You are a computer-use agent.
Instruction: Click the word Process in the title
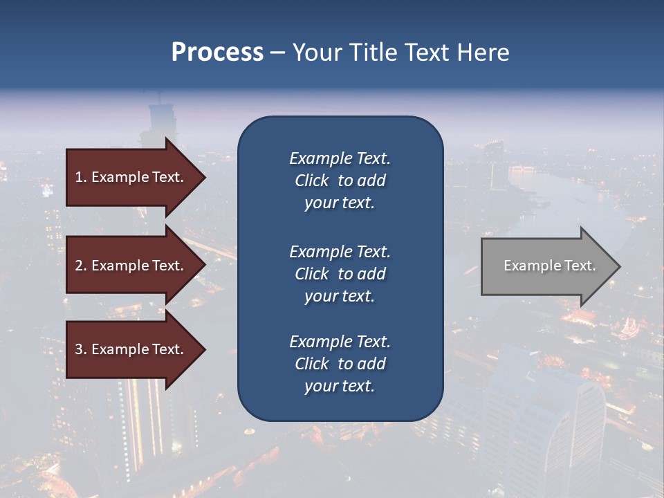click(217, 53)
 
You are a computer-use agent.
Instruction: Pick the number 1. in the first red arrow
click(81, 177)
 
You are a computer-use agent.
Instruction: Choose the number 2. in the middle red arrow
click(81, 266)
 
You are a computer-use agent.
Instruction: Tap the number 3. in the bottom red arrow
click(81, 349)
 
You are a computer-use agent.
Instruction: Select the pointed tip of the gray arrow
click(619, 266)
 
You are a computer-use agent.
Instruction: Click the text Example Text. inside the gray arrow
click(549, 266)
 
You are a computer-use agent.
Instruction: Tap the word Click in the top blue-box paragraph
click(311, 181)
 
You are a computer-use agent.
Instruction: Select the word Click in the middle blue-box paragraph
click(311, 274)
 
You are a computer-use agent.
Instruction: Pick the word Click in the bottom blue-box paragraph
click(311, 364)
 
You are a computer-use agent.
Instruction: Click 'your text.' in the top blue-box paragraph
click(340, 203)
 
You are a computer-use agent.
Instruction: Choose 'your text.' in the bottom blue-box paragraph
click(340, 387)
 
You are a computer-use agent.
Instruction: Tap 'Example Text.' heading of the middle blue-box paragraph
click(340, 252)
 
